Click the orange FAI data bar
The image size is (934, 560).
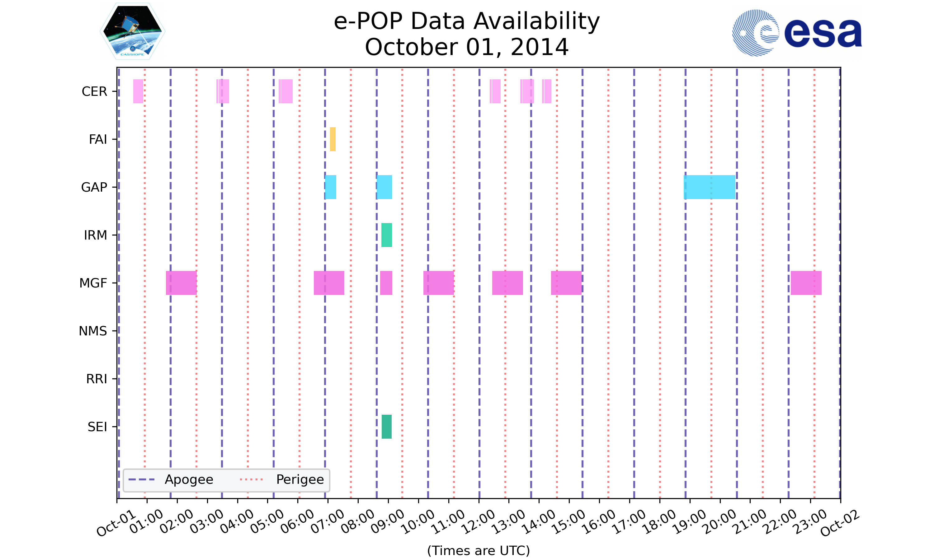coord(333,139)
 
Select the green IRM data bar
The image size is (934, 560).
coord(386,235)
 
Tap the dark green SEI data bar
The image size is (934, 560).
coord(386,427)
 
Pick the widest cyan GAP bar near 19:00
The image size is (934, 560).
coord(709,187)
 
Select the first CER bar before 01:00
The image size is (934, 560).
coord(138,91)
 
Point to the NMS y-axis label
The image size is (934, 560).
coord(93,331)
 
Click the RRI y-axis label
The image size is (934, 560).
coord(97,379)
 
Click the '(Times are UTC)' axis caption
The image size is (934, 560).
coord(478,551)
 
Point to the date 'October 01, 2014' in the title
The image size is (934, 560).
coord(467,47)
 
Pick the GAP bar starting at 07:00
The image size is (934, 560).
coord(330,187)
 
